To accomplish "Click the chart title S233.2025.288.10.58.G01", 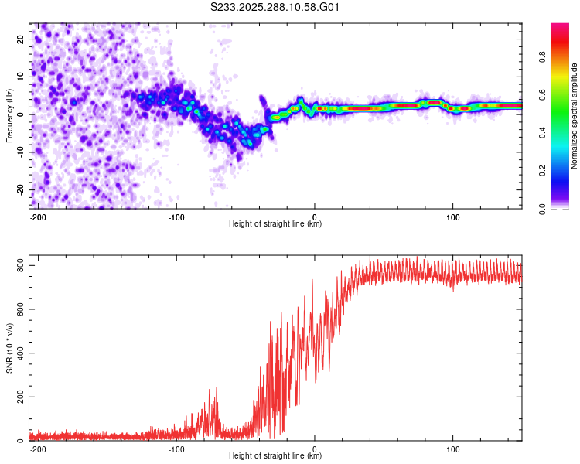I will click(275, 7).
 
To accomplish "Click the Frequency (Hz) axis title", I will click(9, 115).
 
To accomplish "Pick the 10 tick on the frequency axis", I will click(20, 76).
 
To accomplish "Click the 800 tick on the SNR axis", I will click(17, 266).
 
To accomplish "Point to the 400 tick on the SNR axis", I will click(17, 353).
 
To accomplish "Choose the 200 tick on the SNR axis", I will click(17, 397).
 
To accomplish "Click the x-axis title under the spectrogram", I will click(275, 224).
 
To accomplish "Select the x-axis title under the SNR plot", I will click(275, 456).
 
